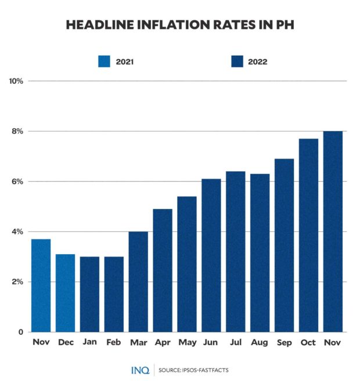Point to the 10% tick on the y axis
(16, 81)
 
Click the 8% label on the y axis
(17, 132)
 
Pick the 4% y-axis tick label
(17, 232)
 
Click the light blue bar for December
(65, 293)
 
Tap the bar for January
(89, 294)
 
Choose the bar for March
(138, 282)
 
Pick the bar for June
(211, 255)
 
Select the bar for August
(260, 253)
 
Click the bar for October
(308, 236)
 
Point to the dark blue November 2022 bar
(333, 232)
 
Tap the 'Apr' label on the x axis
(163, 343)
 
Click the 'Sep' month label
(284, 343)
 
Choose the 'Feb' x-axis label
(114, 343)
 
